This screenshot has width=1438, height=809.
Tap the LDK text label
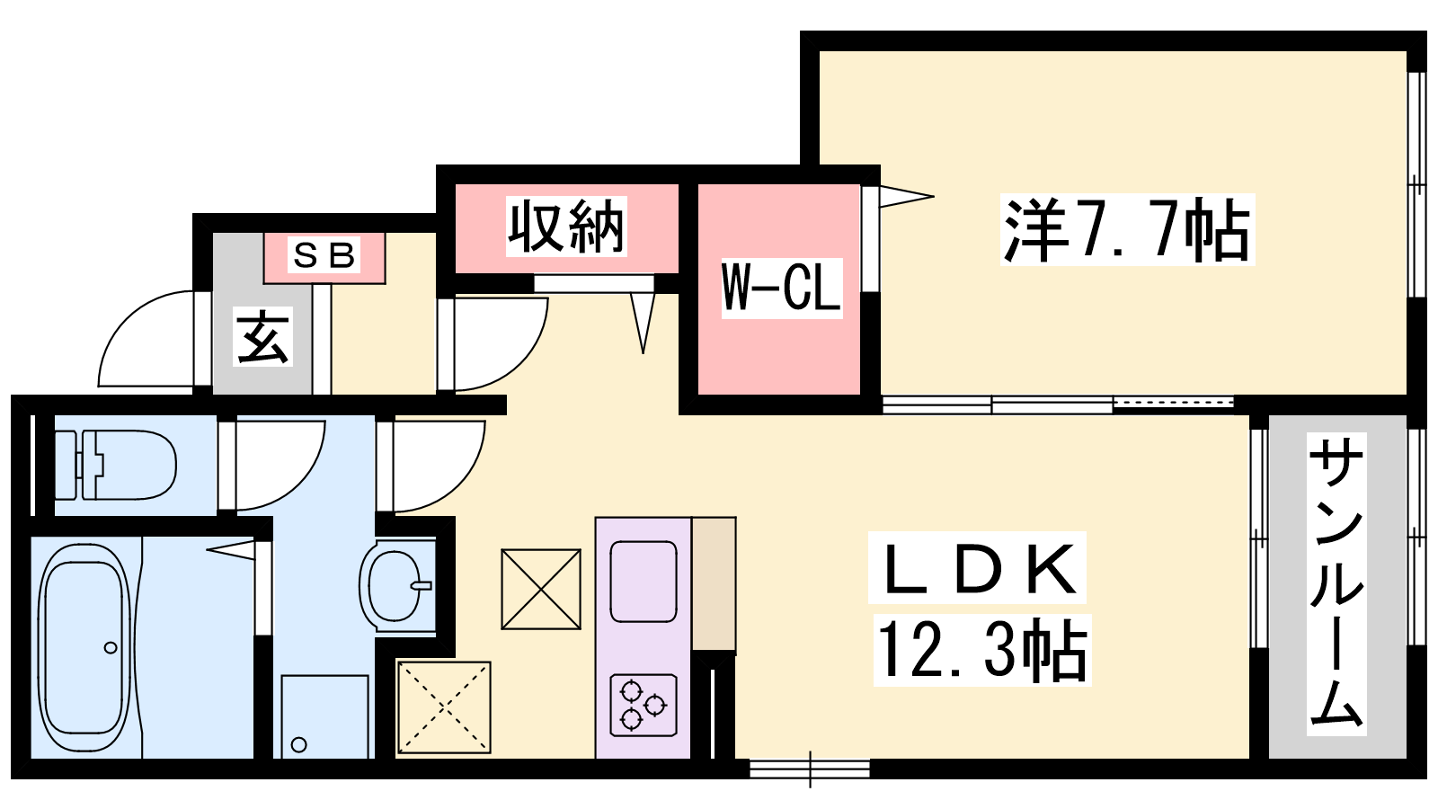(978, 568)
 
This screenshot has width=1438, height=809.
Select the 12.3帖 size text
(981, 649)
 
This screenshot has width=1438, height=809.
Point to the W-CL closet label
(781, 288)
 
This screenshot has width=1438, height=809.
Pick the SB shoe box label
(324, 255)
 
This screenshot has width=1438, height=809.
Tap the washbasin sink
(395, 585)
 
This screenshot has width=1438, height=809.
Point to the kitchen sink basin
(644, 582)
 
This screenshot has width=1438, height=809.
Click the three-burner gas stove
(644, 705)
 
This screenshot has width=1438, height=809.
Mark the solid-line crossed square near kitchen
(541, 589)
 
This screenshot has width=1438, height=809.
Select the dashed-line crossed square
(444, 707)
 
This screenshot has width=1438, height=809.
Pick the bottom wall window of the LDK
(810, 769)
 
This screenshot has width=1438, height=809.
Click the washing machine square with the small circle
(324, 716)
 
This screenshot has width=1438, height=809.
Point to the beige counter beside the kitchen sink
(714, 582)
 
